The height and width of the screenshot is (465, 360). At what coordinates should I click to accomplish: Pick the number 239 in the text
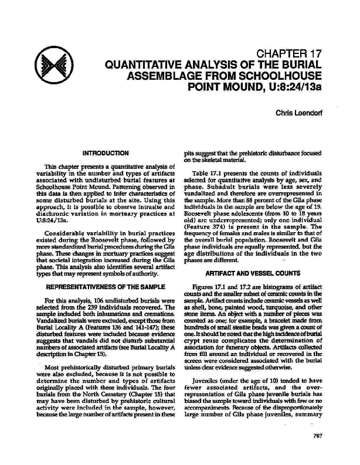[87, 307]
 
